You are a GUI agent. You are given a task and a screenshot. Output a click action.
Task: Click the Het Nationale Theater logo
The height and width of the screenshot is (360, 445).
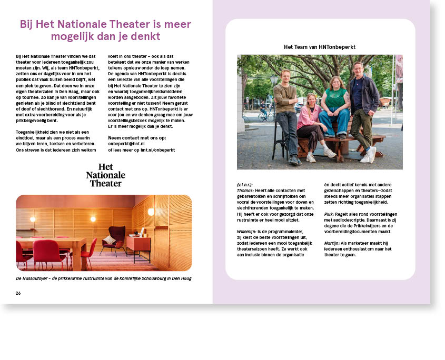tap(105, 175)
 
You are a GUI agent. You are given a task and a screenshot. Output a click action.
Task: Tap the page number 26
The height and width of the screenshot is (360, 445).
tap(18, 293)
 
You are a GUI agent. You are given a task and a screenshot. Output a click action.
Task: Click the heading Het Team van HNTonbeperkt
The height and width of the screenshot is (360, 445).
tap(320, 47)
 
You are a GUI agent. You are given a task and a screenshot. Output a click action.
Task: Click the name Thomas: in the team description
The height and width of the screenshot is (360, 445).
tap(245, 190)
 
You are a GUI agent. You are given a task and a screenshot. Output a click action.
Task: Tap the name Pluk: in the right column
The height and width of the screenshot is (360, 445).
tap(329, 214)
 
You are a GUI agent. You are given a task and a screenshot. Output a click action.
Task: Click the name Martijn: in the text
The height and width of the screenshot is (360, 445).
tap(332, 243)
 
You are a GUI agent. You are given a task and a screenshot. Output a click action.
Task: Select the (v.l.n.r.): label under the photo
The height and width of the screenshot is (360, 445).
tap(245, 184)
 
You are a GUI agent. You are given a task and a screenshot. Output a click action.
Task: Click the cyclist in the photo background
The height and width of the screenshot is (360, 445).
tap(264, 111)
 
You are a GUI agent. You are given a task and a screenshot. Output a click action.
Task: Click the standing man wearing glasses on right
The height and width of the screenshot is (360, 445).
tap(364, 103)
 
